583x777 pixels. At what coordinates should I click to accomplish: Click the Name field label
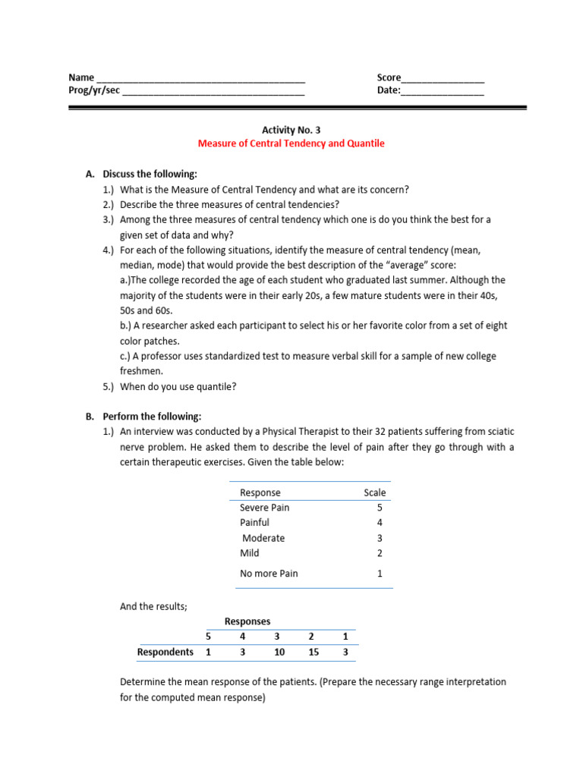[x=81, y=77]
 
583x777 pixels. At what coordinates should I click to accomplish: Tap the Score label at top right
[x=389, y=77]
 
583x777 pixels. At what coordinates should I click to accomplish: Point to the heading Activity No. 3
[x=291, y=130]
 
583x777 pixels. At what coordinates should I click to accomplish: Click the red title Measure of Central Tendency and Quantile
[x=291, y=143]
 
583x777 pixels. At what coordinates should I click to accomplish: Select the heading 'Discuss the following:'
[x=150, y=174]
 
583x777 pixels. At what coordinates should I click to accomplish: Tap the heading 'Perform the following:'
[x=152, y=417]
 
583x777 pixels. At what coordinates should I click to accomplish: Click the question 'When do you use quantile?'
[x=178, y=386]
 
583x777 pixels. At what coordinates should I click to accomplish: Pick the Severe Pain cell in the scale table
[x=264, y=508]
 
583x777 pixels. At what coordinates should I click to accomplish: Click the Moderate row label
[x=263, y=538]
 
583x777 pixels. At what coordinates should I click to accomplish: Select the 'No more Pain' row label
[x=269, y=574]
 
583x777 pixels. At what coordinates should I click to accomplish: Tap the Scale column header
[x=374, y=492]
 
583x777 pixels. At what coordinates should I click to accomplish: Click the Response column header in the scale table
[x=260, y=492]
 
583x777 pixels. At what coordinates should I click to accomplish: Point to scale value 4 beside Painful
[x=380, y=523]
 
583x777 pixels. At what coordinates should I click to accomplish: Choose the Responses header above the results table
[x=247, y=621]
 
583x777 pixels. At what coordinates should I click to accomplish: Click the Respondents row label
[x=165, y=652]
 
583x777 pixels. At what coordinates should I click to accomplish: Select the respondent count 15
[x=311, y=652]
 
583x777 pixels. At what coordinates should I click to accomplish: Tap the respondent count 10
[x=279, y=652]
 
